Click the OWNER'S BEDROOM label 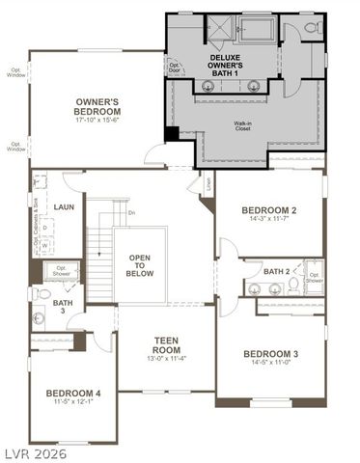(97, 105)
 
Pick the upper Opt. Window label (15, 72)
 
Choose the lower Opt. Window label (15, 147)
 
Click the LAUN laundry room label (65, 206)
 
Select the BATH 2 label (275, 271)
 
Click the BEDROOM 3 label (271, 354)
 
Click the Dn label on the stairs (131, 212)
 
